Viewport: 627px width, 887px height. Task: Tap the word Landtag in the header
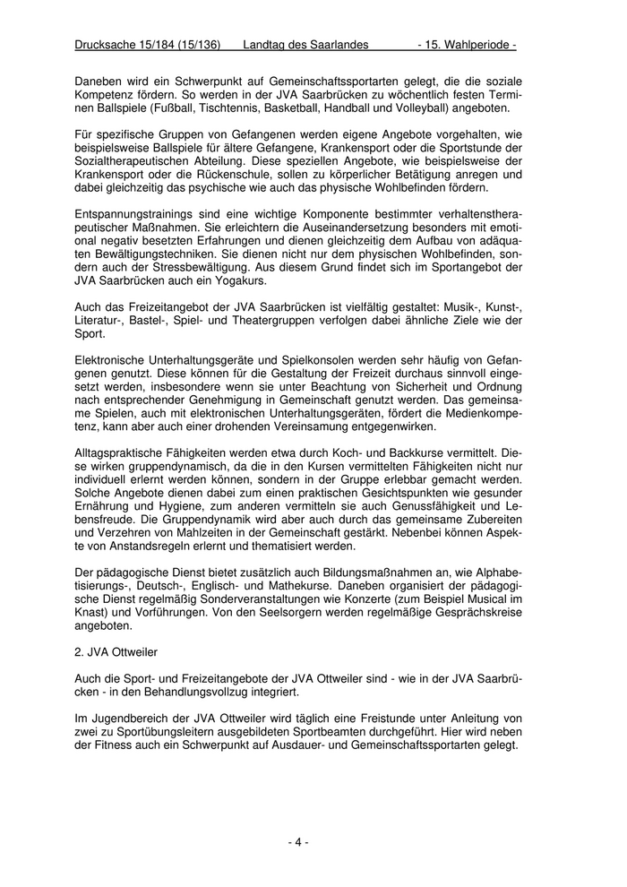click(x=265, y=44)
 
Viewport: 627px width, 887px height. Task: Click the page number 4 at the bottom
click(x=298, y=841)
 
